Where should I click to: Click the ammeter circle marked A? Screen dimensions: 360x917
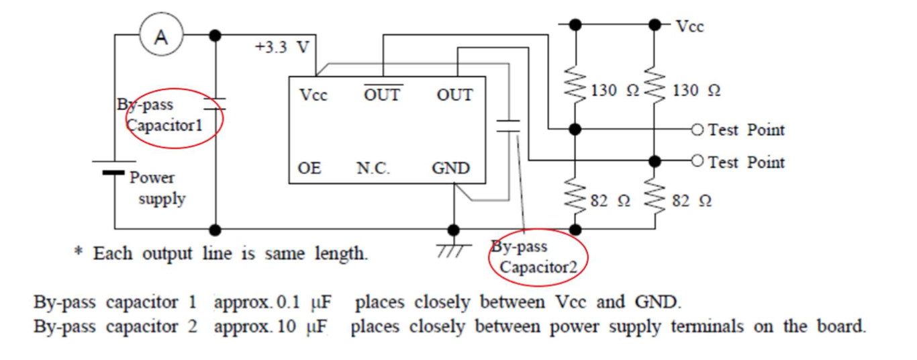[161, 37]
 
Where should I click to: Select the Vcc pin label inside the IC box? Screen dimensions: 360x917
[313, 95]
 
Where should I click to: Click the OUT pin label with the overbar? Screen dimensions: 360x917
[382, 95]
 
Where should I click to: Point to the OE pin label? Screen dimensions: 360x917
[309, 168]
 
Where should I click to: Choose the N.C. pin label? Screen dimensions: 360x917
[373, 168]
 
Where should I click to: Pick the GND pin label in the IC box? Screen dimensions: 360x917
[450, 168]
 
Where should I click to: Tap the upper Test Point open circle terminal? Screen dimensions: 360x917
[697, 129]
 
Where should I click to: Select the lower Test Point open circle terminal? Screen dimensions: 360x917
[697, 161]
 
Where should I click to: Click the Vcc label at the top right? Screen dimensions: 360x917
[689, 26]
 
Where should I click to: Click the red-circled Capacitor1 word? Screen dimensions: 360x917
[165, 126]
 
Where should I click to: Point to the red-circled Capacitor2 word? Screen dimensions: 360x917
[538, 267]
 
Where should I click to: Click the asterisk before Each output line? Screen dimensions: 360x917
[79, 253]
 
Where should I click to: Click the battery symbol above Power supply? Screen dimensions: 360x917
[113, 167]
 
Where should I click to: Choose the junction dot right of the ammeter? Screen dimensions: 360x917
[215, 35]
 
